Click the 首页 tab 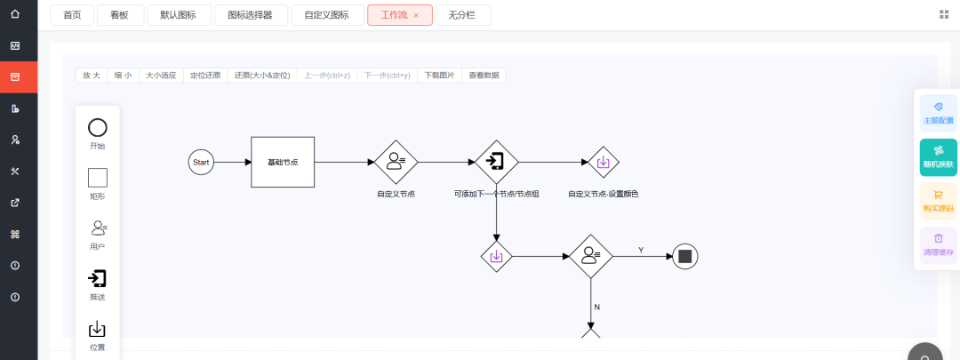[x=72, y=15]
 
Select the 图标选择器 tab [x=250, y=15]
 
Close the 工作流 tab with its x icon [x=416, y=15]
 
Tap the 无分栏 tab [x=463, y=15]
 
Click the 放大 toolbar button [x=92, y=76]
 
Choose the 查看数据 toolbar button [x=484, y=76]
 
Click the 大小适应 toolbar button [x=161, y=76]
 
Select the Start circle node [x=201, y=163]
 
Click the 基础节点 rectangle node [x=283, y=162]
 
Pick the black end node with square [x=684, y=257]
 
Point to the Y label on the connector [x=641, y=251]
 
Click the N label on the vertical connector [x=596, y=307]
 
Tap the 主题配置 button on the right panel [x=938, y=113]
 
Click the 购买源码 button [x=938, y=202]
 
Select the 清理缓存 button [x=938, y=245]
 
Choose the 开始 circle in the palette [x=98, y=128]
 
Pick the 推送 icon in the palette [x=98, y=278]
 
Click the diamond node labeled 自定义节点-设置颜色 [x=603, y=163]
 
